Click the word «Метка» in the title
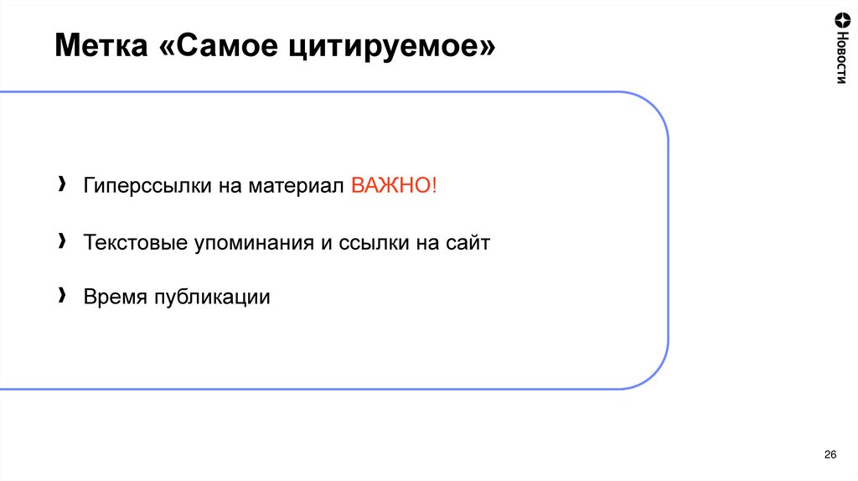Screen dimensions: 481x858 [100, 45]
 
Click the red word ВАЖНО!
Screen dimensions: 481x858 [394, 185]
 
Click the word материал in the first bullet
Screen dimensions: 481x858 [297, 186]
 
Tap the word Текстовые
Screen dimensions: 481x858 [138, 242]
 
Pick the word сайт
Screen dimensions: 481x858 [468, 243]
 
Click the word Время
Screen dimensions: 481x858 [114, 297]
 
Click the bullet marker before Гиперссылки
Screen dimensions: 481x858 [63, 184]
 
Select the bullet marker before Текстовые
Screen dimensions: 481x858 [63, 241]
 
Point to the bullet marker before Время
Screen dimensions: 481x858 [63, 296]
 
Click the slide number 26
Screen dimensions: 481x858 [830, 454]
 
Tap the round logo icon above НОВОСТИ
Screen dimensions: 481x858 [841, 18]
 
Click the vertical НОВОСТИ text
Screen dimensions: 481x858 [841, 59]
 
